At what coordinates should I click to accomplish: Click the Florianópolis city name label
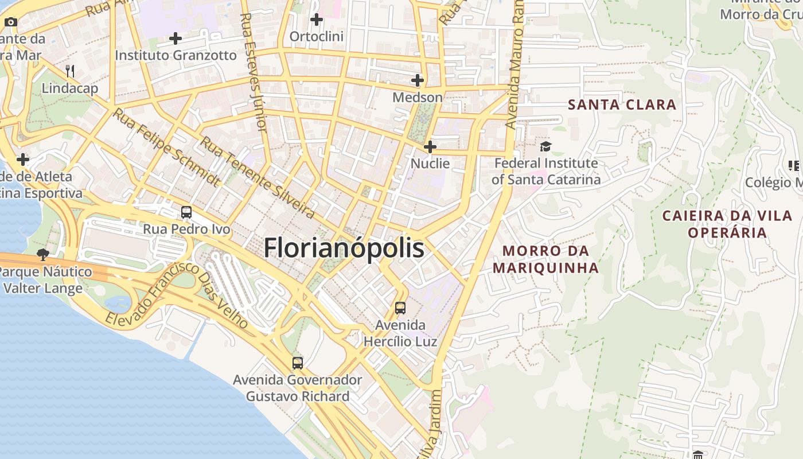tap(344, 248)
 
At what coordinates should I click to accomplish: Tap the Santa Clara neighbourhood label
tap(622, 104)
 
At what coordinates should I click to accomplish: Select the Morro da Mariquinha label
tap(545, 259)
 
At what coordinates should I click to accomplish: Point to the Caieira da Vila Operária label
tap(727, 224)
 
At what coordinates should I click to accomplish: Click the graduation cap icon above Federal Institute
tap(545, 147)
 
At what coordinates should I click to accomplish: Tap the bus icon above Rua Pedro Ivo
tap(186, 212)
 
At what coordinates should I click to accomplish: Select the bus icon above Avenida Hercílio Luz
tap(400, 308)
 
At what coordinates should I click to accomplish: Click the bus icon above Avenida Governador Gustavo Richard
tap(297, 363)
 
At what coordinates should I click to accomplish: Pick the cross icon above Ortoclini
tap(316, 20)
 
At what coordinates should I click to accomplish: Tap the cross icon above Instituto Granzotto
tap(176, 39)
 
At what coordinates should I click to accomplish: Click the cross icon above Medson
tap(418, 80)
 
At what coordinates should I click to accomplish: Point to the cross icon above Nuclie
tap(430, 147)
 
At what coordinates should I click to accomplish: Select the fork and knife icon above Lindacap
tap(70, 71)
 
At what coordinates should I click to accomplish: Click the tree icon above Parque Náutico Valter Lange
tap(42, 254)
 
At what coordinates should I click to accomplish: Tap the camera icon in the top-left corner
tap(11, 22)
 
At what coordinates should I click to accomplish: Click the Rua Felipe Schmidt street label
tap(166, 147)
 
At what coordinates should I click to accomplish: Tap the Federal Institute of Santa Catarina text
tap(545, 171)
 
